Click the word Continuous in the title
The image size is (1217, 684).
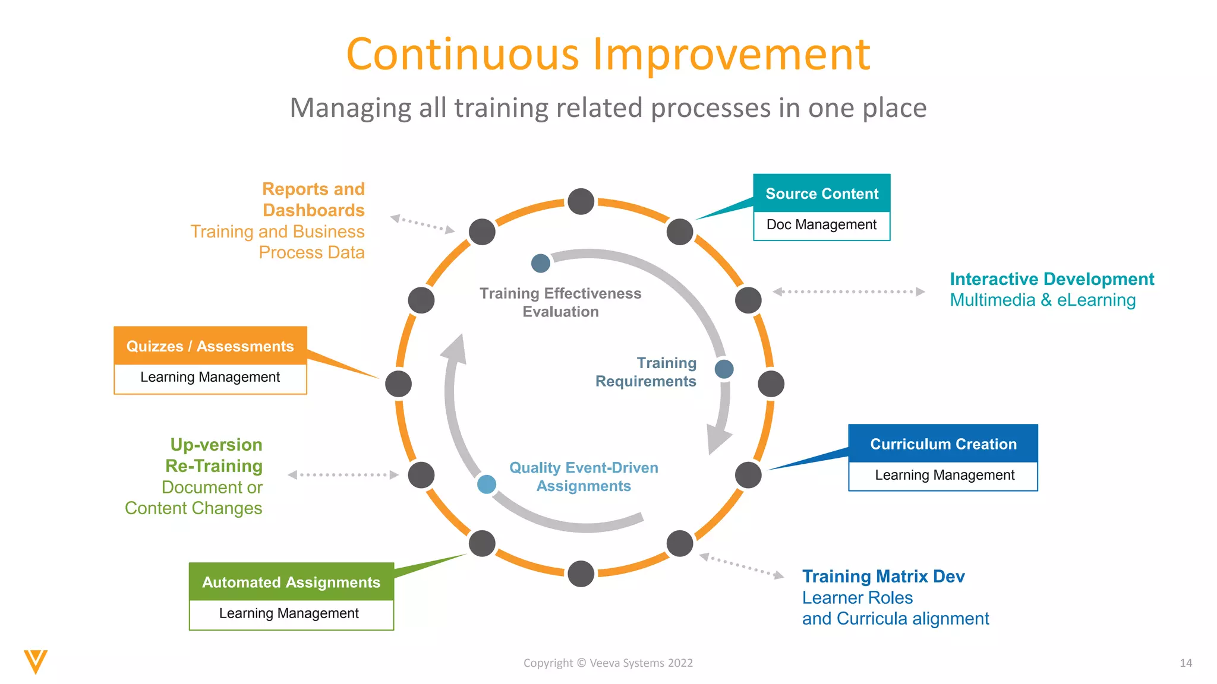coord(462,55)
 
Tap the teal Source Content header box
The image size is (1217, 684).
coord(821,194)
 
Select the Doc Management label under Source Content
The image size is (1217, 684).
coord(821,225)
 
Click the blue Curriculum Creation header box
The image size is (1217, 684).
coord(943,444)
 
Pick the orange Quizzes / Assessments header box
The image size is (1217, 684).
coord(210,346)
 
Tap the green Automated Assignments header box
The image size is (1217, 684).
coord(291,582)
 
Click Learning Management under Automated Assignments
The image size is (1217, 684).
coord(289,613)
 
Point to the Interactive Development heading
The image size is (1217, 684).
coord(1051,279)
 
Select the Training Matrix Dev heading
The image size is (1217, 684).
coord(883,577)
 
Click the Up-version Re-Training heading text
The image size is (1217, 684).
coord(216,455)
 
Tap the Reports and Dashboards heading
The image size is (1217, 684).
coord(313,199)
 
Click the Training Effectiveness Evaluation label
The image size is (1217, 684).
coord(560,302)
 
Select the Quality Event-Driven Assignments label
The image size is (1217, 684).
coord(584,477)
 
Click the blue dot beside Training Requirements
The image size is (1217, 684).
coord(724,369)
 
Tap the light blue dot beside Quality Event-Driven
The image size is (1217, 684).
coord(487,484)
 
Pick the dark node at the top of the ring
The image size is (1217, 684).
coord(581,202)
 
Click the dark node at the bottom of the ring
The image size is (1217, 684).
coord(581,574)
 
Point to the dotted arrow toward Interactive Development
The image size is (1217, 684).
coord(849,292)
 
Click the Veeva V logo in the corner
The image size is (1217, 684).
coord(36,661)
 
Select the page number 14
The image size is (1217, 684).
coord(1186,663)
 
